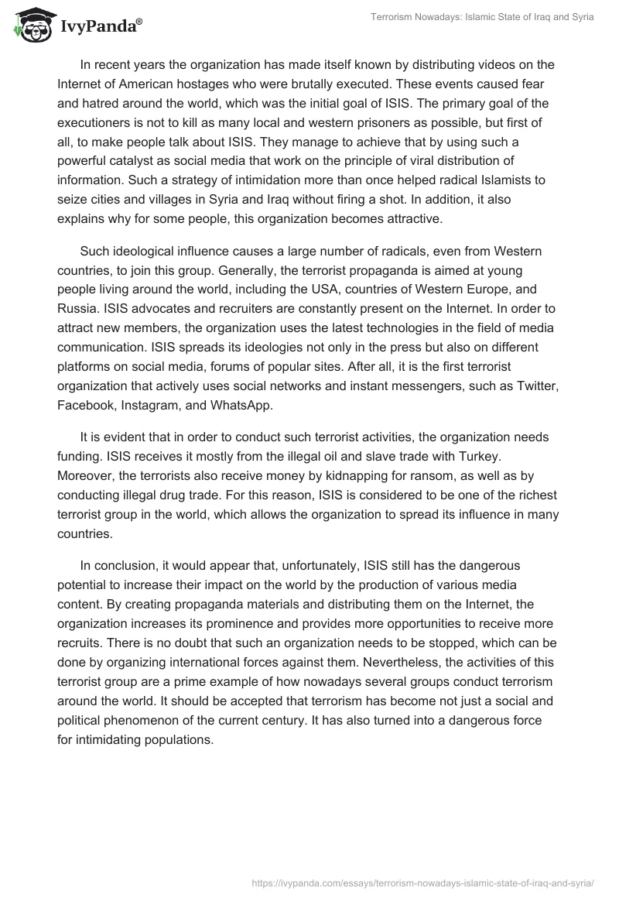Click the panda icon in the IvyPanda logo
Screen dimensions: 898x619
click(x=32, y=25)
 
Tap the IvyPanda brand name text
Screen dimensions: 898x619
click(x=99, y=26)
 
